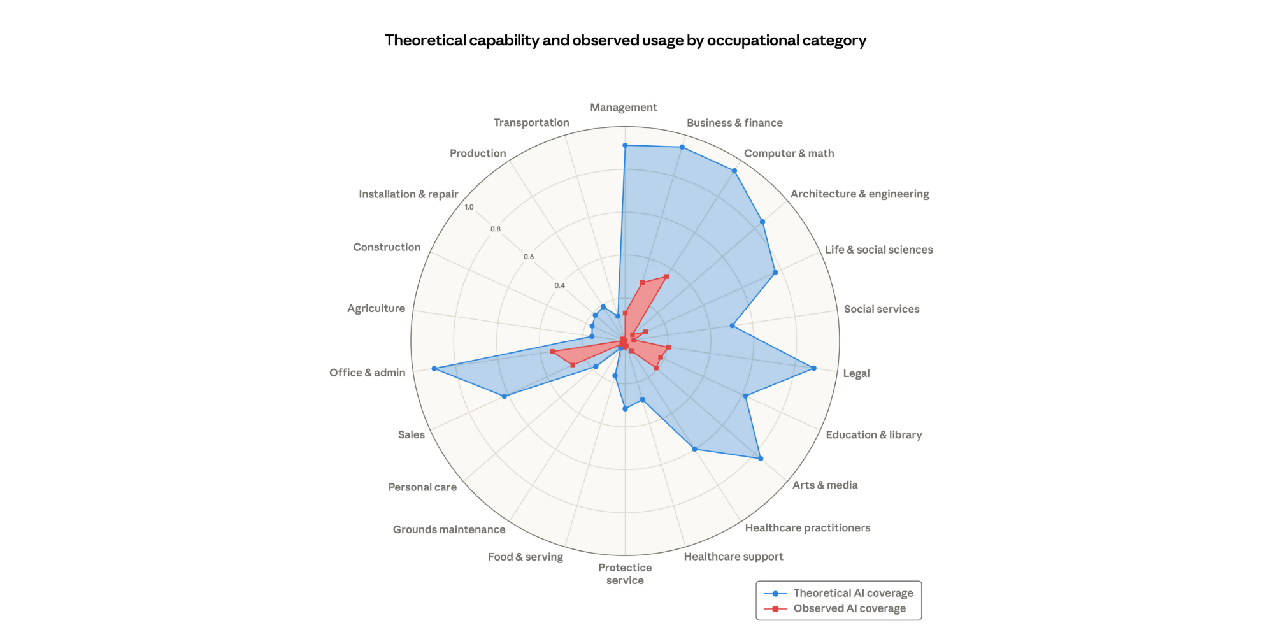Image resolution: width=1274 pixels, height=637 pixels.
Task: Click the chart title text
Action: click(625, 41)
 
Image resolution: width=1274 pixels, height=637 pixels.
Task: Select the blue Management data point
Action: click(625, 146)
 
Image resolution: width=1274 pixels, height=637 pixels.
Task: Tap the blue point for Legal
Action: click(813, 368)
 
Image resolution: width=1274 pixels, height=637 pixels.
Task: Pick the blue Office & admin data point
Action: click(434, 369)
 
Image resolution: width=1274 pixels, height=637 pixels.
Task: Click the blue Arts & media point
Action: click(761, 459)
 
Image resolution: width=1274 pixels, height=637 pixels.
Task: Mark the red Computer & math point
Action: click(666, 276)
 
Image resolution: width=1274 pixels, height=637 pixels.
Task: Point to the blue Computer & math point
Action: click(734, 171)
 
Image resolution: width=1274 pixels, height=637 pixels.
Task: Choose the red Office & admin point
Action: click(552, 352)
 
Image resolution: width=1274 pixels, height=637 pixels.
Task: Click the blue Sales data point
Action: click(505, 396)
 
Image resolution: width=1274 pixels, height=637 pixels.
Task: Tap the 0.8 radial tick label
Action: click(496, 229)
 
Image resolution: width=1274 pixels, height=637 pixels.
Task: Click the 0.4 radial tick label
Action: click(559, 285)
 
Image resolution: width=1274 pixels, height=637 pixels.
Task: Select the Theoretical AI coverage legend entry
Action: click(838, 593)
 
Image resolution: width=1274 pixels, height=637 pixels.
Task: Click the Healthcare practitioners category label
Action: click(807, 527)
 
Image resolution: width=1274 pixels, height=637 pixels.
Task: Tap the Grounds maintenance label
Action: click(448, 529)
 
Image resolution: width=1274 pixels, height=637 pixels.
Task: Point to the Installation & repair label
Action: click(408, 194)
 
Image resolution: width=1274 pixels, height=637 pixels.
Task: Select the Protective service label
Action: click(625, 573)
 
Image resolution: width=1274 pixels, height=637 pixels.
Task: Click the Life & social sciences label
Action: click(878, 250)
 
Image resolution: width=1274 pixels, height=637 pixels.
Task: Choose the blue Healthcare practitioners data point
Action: click(694, 449)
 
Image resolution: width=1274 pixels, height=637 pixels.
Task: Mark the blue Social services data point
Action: click(732, 326)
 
